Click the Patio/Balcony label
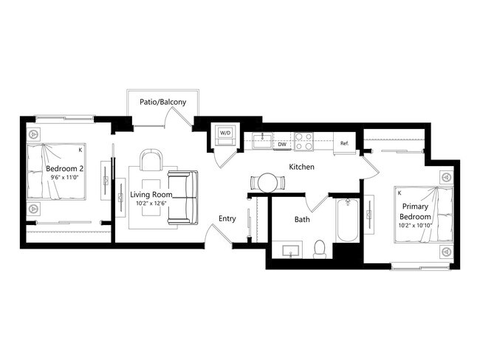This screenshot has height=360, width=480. click(x=162, y=102)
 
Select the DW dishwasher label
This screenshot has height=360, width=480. click(x=282, y=145)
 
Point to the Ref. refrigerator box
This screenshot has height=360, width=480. click(x=345, y=143)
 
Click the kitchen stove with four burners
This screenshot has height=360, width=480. click(x=304, y=139)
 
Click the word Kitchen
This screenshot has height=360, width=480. click(x=301, y=167)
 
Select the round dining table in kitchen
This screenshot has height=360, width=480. click(x=266, y=182)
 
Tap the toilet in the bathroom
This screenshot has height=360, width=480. click(x=320, y=249)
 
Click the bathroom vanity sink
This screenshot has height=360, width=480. click(x=290, y=251)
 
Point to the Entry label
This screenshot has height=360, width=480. click(x=227, y=219)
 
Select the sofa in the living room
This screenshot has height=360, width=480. click(x=182, y=197)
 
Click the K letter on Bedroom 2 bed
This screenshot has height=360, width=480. click(x=80, y=150)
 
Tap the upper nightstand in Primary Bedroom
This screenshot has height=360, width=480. click(x=446, y=178)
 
